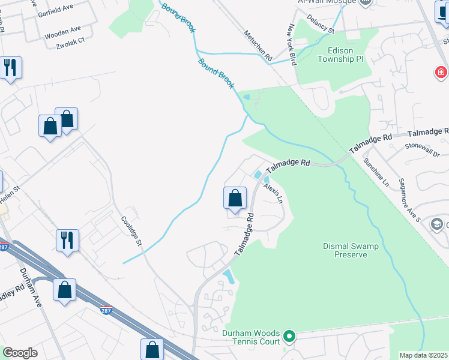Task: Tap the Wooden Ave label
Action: [x=62, y=29]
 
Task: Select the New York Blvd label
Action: [x=293, y=44]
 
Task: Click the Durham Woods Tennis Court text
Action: [x=251, y=337]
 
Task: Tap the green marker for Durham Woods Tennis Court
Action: [x=289, y=336]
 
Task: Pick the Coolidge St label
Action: [x=131, y=231]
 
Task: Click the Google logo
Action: [x=20, y=353]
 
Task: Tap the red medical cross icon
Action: [x=441, y=73]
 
